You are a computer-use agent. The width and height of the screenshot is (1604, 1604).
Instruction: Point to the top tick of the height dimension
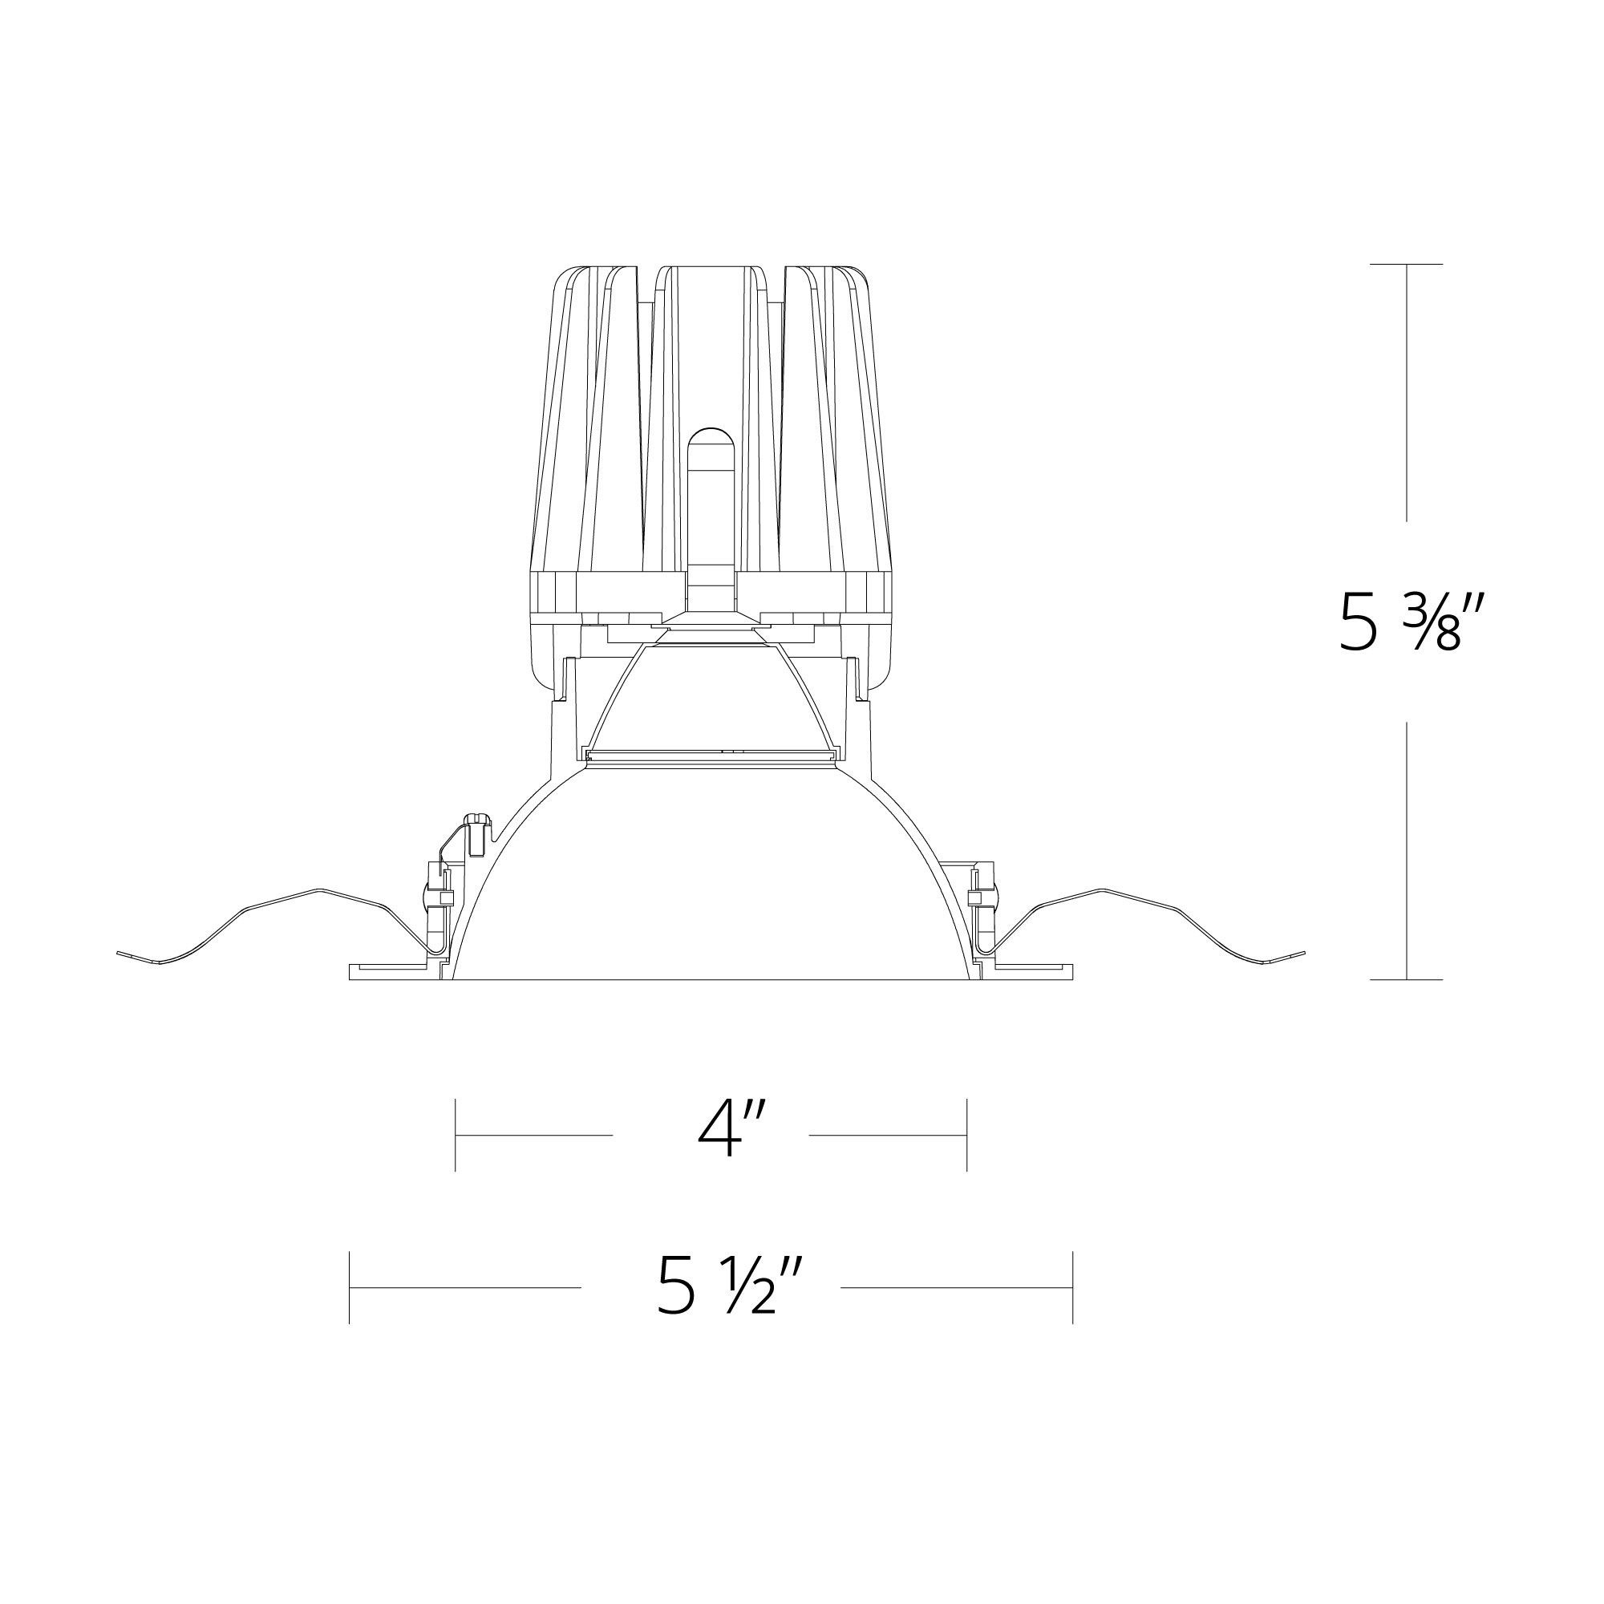pos(1407,264)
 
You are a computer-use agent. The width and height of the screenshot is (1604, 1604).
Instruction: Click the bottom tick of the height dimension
pos(1407,980)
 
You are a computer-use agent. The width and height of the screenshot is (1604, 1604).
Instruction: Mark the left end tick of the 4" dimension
pos(456,1135)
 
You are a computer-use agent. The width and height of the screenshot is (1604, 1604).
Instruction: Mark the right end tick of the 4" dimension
pos(967,1135)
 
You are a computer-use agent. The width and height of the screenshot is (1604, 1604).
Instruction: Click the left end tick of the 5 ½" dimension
pos(350,1288)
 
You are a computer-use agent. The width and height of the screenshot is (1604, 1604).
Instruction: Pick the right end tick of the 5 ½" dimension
pos(1074,1288)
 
